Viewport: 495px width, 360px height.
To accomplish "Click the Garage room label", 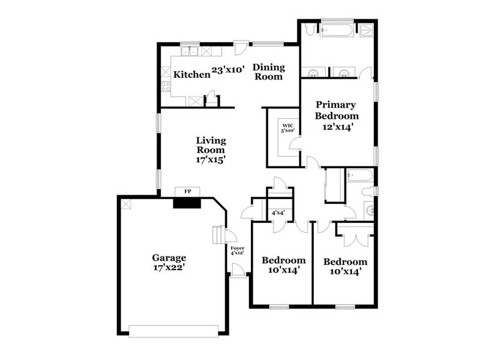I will [169, 258].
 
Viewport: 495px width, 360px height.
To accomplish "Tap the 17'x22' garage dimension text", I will [169, 268].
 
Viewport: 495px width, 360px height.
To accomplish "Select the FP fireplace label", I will [188, 192].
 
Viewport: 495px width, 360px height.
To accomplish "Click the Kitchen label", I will [192, 75].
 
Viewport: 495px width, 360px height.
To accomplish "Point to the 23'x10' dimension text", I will [228, 70].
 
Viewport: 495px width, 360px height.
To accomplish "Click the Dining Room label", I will [268, 72].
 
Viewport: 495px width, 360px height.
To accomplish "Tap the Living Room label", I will [210, 144].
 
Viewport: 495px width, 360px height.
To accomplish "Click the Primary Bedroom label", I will [336, 110].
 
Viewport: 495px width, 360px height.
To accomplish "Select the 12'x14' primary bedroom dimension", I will [336, 127].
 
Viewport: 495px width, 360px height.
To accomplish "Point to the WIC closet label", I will [288, 126].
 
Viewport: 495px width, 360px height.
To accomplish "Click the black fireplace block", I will [187, 202].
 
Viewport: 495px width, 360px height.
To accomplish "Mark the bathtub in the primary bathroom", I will [337, 29].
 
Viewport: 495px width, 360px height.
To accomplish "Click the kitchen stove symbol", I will [165, 86].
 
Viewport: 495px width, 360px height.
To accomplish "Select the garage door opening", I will [173, 331].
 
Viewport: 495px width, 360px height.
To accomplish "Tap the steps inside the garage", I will [217, 235].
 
